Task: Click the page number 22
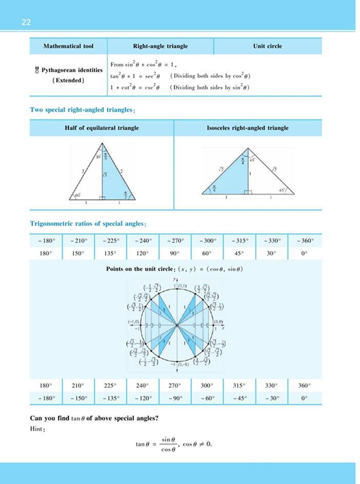26,22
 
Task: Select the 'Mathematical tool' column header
68,46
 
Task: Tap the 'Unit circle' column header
267,46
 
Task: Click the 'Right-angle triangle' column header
160,46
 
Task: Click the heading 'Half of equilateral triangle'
101,128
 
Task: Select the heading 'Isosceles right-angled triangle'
251,128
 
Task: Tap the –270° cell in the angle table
175,240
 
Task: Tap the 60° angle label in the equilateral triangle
78,196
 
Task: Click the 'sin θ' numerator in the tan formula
165,440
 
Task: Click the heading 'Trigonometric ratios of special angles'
89,224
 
